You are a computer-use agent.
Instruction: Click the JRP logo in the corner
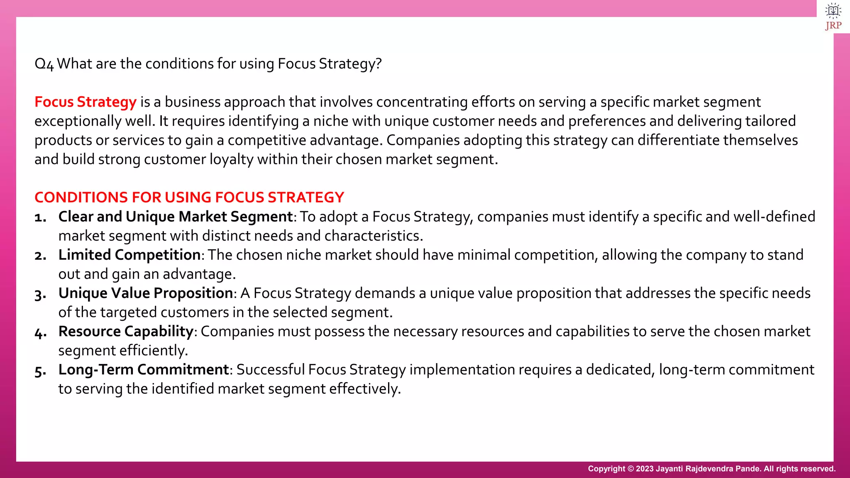[833, 17]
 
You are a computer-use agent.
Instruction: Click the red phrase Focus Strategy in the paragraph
[85, 102]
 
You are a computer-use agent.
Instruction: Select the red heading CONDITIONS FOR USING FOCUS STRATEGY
[189, 198]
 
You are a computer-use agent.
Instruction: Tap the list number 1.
[40, 217]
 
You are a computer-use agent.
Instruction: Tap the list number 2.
[40, 256]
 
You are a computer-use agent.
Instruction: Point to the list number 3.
[40, 294]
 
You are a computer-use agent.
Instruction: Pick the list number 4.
[40, 332]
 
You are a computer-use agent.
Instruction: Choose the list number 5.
[40, 371]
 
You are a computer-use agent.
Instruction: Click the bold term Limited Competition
[129, 255]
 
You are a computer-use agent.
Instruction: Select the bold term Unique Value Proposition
[146, 293]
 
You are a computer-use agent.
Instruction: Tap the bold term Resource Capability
[126, 332]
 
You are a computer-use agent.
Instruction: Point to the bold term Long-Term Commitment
[144, 370]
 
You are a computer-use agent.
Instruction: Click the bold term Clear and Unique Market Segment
[176, 217]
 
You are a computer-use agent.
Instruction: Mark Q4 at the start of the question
[44, 64]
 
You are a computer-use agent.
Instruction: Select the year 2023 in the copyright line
[645, 469]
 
